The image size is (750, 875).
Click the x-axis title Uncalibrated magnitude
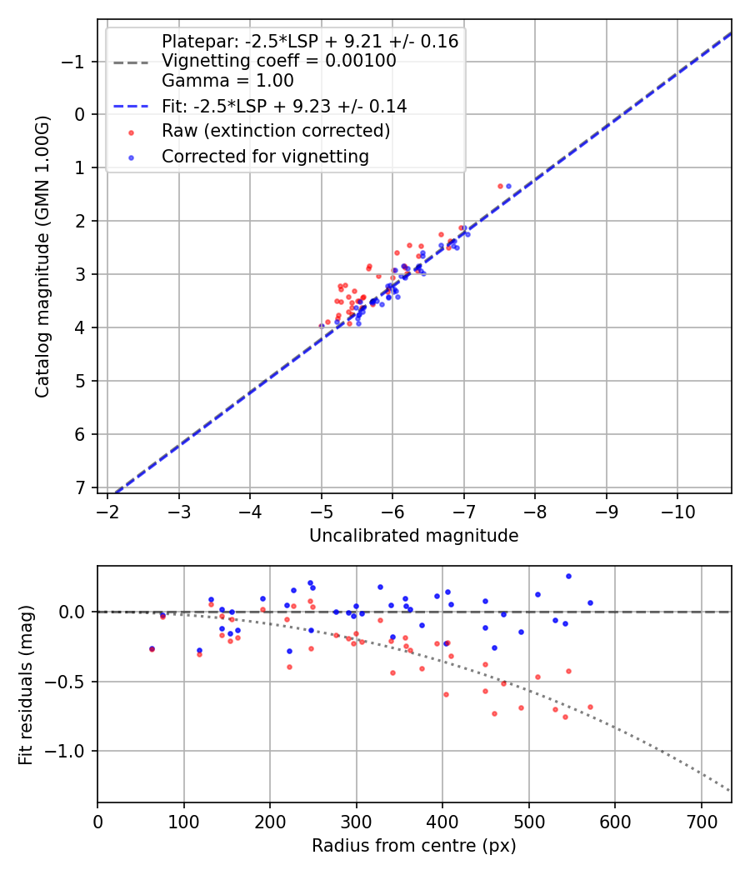413,536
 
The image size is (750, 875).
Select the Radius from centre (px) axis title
413,846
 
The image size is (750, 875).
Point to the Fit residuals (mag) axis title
25,684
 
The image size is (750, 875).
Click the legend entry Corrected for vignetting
265,156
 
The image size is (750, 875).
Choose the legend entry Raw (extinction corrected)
276,131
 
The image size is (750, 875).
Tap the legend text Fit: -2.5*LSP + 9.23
284,106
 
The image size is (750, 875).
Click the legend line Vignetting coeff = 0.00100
279,61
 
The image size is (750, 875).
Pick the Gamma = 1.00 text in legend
227,81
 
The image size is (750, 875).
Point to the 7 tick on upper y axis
81,487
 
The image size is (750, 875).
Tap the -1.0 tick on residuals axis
70,751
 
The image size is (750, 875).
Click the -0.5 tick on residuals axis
70,682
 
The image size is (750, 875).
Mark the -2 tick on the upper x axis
107,509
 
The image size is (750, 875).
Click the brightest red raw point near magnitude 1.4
500,186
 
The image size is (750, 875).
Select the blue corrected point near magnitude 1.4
508,186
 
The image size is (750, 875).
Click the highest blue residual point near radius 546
568,576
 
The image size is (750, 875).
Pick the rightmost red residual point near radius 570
590,707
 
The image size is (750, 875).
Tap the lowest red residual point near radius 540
565,717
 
